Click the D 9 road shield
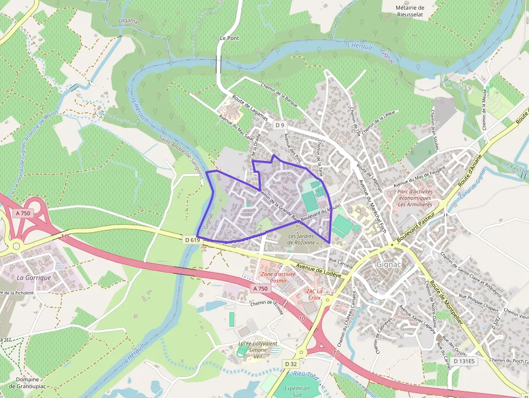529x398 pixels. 279,125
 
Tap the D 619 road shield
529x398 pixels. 192,239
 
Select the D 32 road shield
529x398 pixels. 291,364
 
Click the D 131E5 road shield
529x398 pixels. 463,361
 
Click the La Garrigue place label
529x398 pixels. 33,277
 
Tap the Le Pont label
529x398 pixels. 229,38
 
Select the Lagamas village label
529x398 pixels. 128,21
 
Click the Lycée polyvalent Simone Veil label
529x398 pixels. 258,347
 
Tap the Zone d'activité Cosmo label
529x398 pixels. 278,278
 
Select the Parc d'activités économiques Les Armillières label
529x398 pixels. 415,198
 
